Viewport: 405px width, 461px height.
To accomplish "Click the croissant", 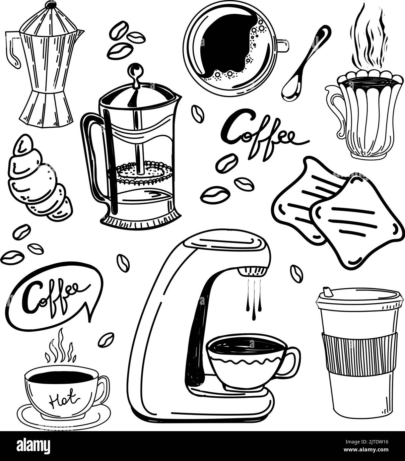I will (x=36, y=179).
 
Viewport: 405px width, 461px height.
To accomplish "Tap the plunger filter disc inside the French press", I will (x=144, y=172).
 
